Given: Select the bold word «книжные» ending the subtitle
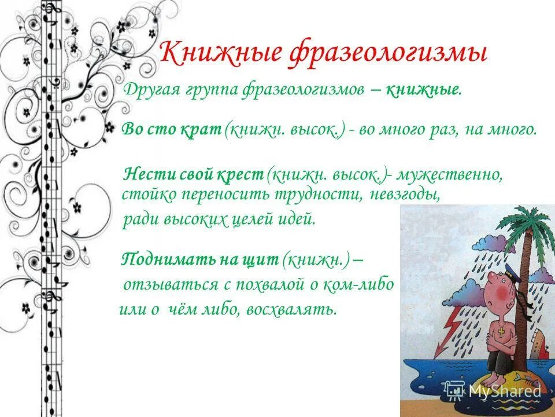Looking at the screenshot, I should (x=423, y=90).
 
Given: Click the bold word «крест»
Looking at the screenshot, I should (x=242, y=174).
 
